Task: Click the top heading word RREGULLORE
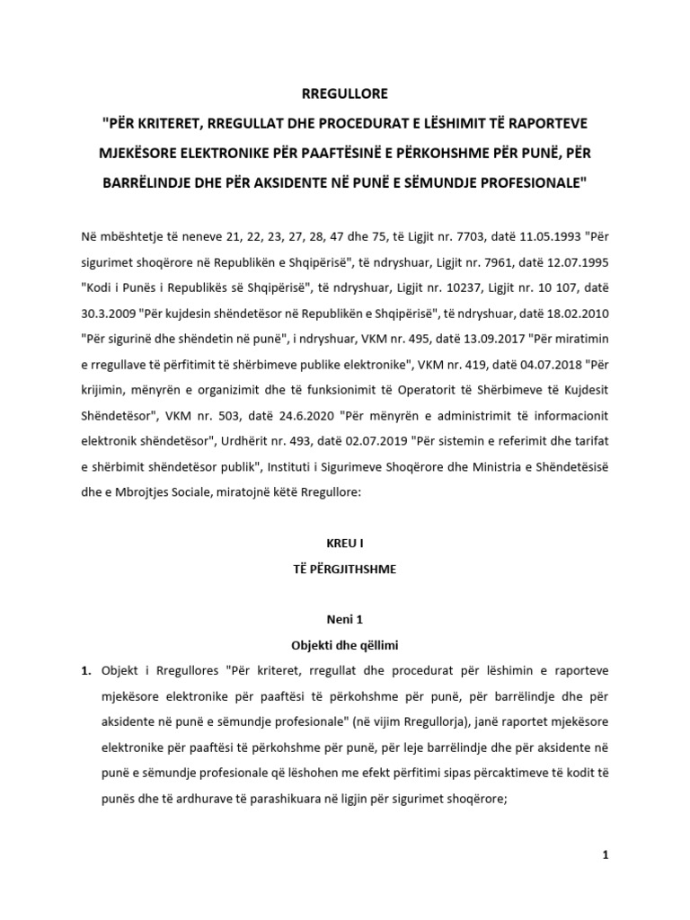(x=345, y=93)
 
